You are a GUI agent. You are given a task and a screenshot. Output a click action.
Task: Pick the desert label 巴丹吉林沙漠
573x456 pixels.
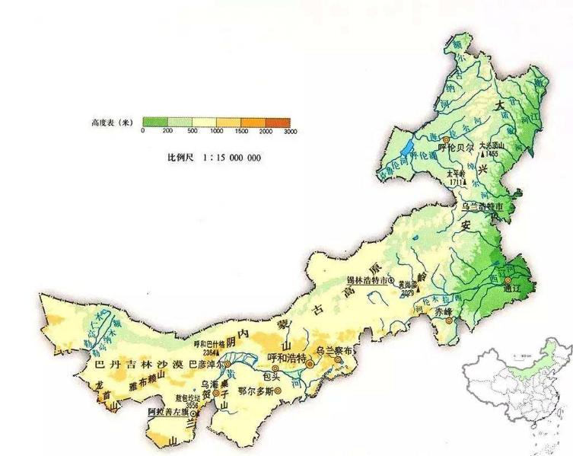(137, 365)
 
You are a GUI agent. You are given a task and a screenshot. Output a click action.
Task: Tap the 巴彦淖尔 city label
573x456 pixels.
(206, 364)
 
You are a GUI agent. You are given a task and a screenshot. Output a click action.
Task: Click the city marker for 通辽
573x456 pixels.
(508, 281)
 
